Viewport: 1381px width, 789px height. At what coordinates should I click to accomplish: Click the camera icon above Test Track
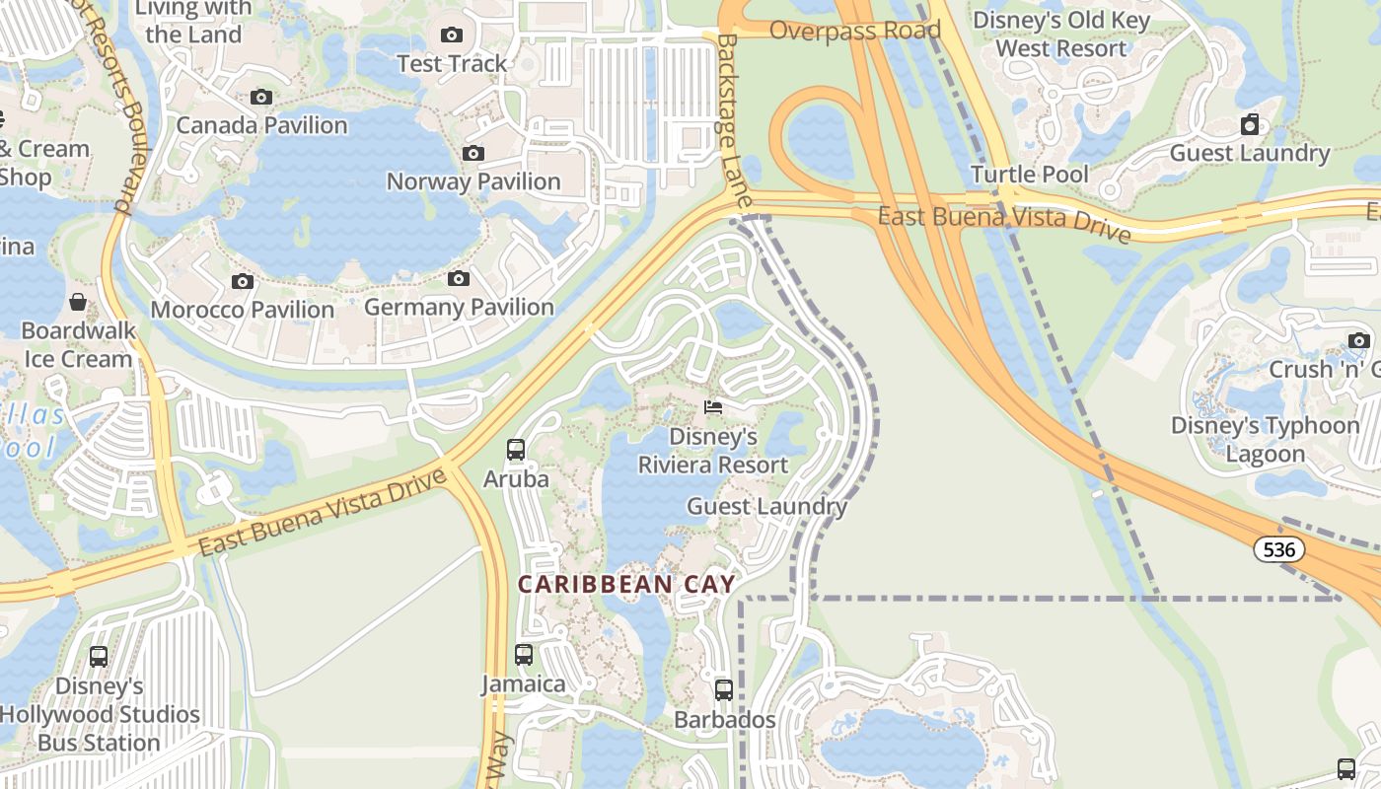(x=452, y=36)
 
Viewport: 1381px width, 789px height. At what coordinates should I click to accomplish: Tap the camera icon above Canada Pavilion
(x=261, y=97)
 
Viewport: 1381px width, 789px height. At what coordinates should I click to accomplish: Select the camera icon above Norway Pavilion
(x=473, y=153)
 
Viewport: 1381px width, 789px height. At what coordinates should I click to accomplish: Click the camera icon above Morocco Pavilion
(x=242, y=282)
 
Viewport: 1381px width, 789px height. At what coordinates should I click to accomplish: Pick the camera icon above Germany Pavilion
(x=458, y=279)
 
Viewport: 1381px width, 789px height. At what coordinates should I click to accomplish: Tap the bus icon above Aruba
(x=515, y=450)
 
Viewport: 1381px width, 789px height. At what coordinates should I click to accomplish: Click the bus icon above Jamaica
(x=524, y=654)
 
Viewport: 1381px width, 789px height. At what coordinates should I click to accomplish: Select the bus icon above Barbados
(x=724, y=690)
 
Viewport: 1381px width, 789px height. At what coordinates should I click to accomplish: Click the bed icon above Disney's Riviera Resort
(x=713, y=406)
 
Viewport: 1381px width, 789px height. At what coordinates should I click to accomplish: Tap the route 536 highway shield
(x=1279, y=549)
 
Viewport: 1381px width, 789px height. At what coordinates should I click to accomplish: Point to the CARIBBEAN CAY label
(x=627, y=585)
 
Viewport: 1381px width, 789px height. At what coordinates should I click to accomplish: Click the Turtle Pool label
(x=1030, y=175)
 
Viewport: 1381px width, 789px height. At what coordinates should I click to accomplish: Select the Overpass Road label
(x=854, y=30)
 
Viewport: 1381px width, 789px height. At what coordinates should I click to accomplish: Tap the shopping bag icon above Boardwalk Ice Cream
(x=78, y=302)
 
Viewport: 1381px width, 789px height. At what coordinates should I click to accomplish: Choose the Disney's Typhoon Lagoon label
(x=1266, y=440)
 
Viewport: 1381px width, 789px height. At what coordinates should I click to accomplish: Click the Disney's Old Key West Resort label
(x=1060, y=35)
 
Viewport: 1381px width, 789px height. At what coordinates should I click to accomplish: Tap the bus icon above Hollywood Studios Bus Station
(x=99, y=656)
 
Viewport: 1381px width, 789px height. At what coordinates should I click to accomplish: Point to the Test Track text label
(x=452, y=63)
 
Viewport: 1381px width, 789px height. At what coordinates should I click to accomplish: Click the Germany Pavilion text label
(x=459, y=308)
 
